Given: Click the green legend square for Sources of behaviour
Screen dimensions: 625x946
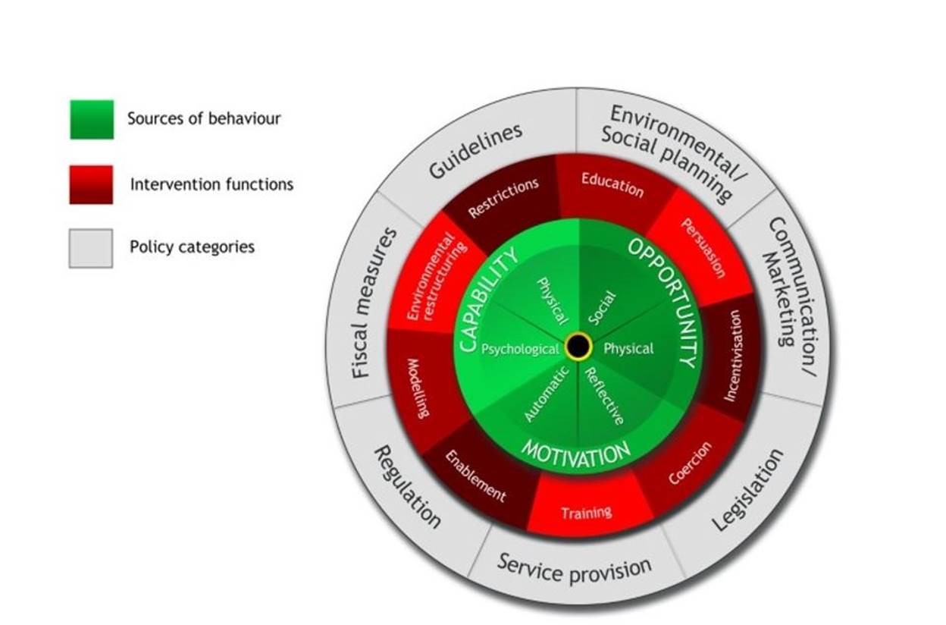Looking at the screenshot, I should [x=92, y=119].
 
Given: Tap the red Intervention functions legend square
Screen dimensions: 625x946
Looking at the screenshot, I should [x=91, y=184].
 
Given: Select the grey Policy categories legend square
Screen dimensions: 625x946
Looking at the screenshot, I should [x=91, y=248].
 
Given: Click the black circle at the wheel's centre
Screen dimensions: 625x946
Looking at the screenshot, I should [x=578, y=347].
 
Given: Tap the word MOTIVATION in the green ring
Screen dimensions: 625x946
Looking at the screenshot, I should [x=576, y=454].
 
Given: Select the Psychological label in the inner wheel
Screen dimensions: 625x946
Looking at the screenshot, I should [x=521, y=349].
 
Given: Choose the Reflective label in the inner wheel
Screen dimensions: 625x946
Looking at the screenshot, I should [x=604, y=395].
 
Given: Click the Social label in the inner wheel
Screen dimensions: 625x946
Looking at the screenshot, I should [x=603, y=308].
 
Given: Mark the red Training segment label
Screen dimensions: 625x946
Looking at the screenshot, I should [x=587, y=513].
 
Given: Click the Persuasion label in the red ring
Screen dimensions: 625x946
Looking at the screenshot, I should [x=703, y=248].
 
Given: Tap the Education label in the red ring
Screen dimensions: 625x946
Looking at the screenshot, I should [x=612, y=184].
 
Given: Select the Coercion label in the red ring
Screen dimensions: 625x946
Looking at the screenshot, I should [x=690, y=463].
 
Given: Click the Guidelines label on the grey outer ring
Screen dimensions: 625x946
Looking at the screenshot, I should [x=475, y=151].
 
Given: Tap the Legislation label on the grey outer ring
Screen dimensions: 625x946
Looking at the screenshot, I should [x=749, y=489].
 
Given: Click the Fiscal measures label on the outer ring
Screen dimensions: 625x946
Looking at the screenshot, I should [x=374, y=303].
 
